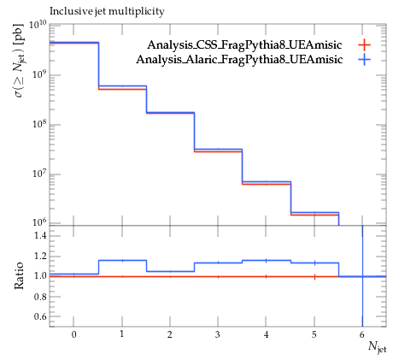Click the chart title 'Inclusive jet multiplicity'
(107, 11)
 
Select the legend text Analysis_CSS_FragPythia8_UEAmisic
(244, 45)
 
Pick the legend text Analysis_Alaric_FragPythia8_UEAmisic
(239, 60)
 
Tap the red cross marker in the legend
(364, 45)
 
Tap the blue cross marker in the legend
(364, 60)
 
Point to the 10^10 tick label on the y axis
(38, 25)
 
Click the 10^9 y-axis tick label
(38, 75)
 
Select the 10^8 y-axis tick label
(38, 125)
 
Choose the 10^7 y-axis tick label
(38, 174)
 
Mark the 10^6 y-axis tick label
(38, 222)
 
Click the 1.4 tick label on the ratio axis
(40, 236)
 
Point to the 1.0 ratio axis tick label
(40, 276)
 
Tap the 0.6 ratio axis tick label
(40, 316)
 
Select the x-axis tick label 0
(73, 334)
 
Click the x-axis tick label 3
(218, 334)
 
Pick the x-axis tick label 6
(362, 334)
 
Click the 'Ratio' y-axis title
(19, 275)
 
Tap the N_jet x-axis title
(378, 347)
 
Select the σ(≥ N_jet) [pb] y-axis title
(19, 60)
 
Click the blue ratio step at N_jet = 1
(122, 260)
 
